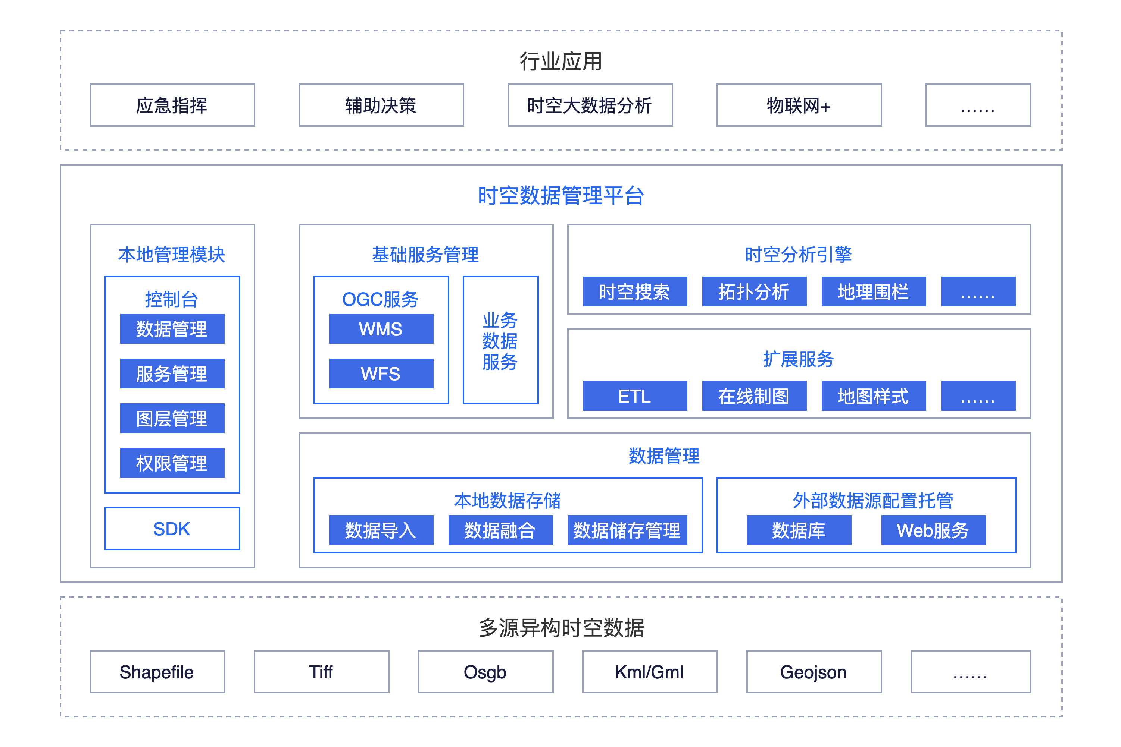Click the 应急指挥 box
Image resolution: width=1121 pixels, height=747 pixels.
pos(172,105)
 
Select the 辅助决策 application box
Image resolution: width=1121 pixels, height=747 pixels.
pos(381,105)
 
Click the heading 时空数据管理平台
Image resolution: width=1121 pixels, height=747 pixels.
pos(561,196)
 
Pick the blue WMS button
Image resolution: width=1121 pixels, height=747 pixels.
pos(381,329)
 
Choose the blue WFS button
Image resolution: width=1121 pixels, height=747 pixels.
pos(381,373)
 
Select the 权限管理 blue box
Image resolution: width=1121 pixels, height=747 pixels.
pos(172,463)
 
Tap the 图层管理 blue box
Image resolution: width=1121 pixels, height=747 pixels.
pos(172,418)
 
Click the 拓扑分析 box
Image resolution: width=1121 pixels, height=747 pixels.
pos(754,291)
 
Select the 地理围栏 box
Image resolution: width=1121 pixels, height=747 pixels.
pos(873,291)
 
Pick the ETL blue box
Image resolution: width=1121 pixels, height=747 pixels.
pos(635,396)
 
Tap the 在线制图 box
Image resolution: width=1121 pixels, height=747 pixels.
pos(754,396)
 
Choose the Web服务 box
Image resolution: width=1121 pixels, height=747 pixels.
pos(933,530)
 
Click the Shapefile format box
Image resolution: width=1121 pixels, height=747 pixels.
pos(157,672)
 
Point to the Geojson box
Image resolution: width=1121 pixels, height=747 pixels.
pos(814,672)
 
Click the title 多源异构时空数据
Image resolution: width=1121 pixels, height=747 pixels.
pos(561,628)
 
